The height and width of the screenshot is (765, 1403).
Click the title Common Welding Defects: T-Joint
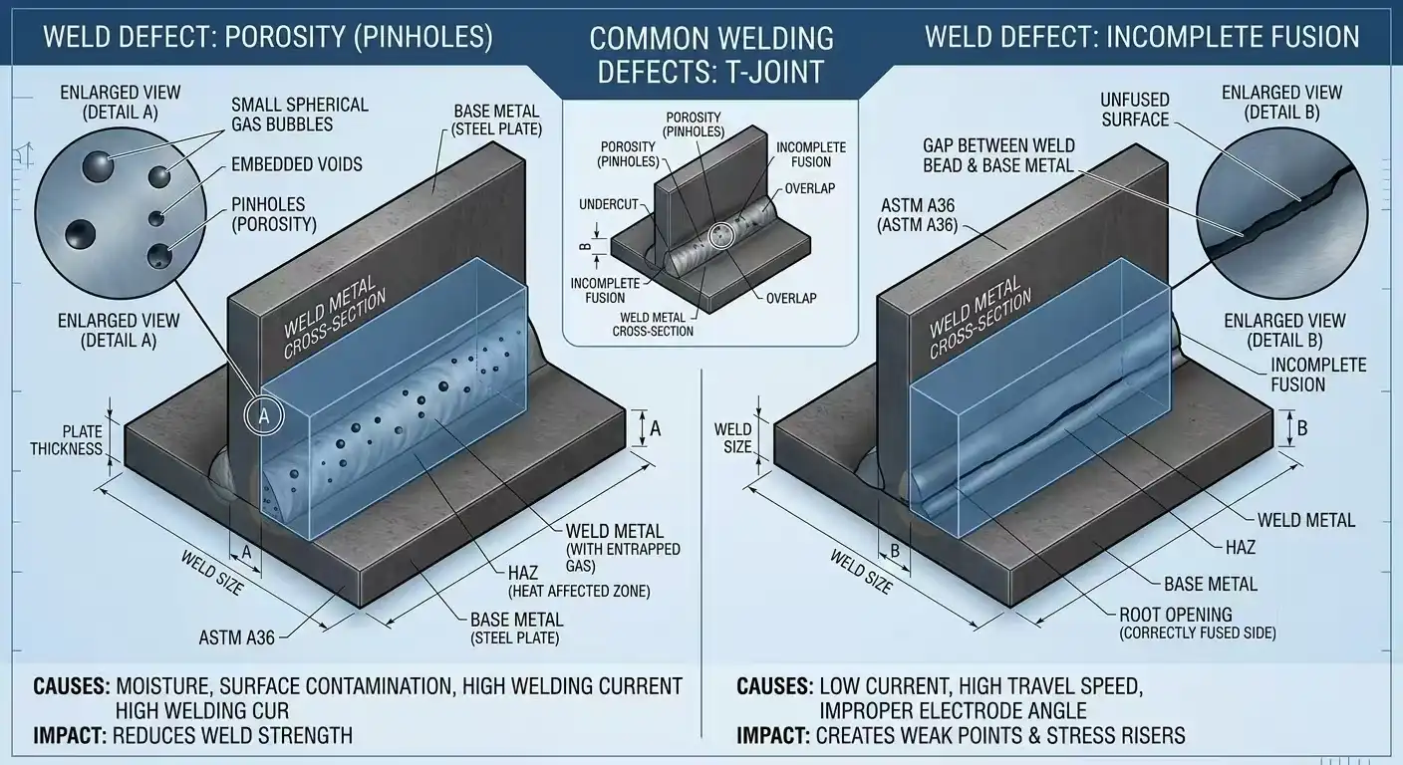pyautogui.click(x=711, y=54)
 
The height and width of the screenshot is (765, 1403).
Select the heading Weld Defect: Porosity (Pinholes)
pyautogui.click(x=268, y=38)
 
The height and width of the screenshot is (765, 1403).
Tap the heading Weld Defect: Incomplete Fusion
pyautogui.click(x=1142, y=38)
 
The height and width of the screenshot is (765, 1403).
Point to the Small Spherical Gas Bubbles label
pyautogui.click(x=299, y=115)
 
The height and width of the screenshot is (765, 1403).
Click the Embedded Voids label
pyautogui.click(x=296, y=164)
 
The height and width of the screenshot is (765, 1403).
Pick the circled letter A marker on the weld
pyautogui.click(x=264, y=417)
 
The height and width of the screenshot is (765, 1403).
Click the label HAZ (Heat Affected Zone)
pyautogui.click(x=578, y=582)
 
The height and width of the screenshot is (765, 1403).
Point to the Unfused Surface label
pyautogui.click(x=1134, y=110)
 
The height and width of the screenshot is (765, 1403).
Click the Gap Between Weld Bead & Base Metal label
pyautogui.click(x=998, y=155)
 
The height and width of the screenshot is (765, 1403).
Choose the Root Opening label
pyautogui.click(x=1175, y=623)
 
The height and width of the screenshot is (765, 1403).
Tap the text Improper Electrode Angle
pyautogui.click(x=952, y=710)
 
